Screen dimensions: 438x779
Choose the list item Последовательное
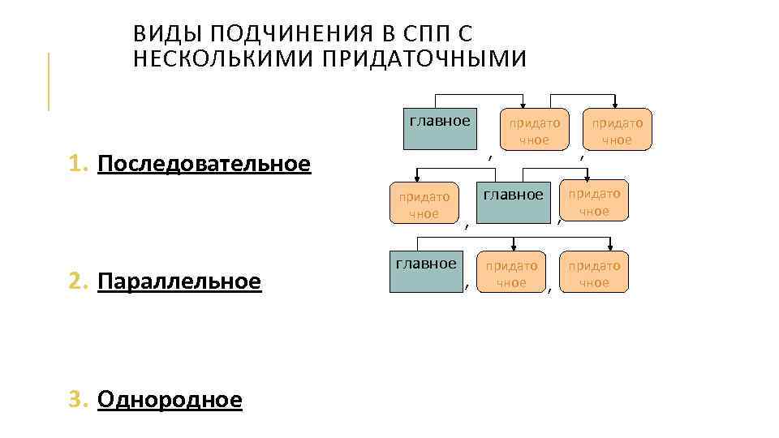tap(204, 165)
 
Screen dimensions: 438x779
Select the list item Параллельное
tap(179, 281)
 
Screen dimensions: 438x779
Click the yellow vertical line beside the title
tap(49, 81)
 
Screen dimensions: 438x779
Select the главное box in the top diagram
tap(440, 128)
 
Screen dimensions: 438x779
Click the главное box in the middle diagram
tap(513, 202)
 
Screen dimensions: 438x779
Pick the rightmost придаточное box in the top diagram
tap(617, 130)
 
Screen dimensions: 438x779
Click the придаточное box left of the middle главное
tap(424, 204)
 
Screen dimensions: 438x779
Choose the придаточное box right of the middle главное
tap(595, 201)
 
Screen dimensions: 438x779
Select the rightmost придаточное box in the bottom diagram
tap(594, 273)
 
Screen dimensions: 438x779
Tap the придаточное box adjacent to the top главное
tap(534, 130)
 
